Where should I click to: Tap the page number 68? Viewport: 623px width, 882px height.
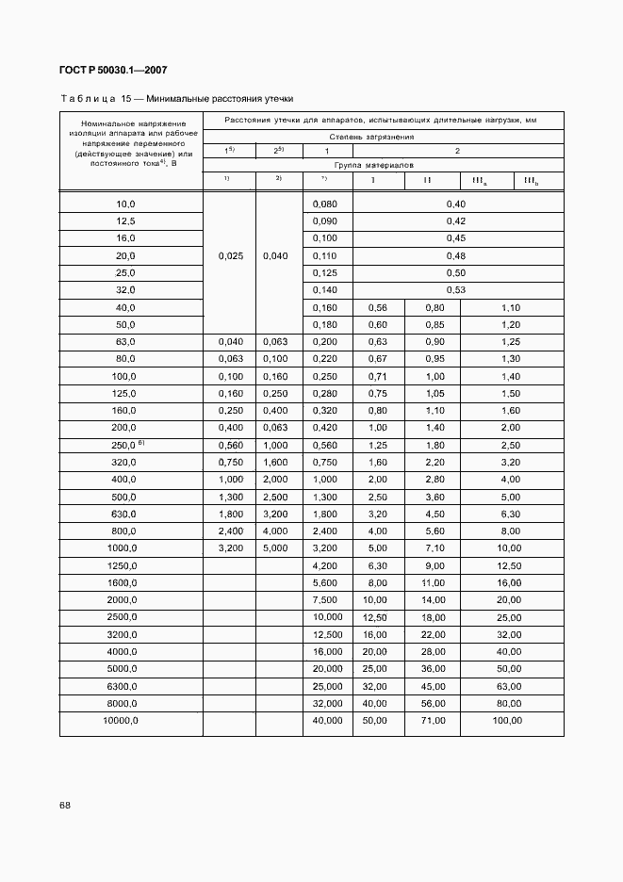(x=64, y=805)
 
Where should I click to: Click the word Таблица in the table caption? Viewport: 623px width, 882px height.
(x=88, y=98)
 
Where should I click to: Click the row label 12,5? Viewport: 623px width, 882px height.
(x=125, y=220)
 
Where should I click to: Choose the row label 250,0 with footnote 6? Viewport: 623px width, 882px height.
(x=127, y=445)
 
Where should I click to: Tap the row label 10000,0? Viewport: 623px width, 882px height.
(x=122, y=720)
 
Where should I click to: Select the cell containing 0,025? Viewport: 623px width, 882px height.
(x=229, y=255)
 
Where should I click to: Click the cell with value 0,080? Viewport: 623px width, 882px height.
(x=325, y=204)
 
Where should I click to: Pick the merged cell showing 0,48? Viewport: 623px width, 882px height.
(x=456, y=255)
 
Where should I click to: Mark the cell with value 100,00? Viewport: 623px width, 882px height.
(x=510, y=720)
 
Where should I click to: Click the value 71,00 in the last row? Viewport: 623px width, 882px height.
(x=434, y=720)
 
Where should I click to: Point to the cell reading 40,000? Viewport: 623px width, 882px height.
(x=327, y=720)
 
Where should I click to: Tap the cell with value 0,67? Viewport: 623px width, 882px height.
(x=376, y=358)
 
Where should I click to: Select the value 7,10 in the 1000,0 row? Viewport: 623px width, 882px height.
(x=434, y=547)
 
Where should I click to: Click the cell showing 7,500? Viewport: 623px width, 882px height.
(x=325, y=599)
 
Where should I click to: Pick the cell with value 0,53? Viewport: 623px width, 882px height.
(x=456, y=289)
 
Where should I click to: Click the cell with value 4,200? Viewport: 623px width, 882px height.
(x=325, y=565)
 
